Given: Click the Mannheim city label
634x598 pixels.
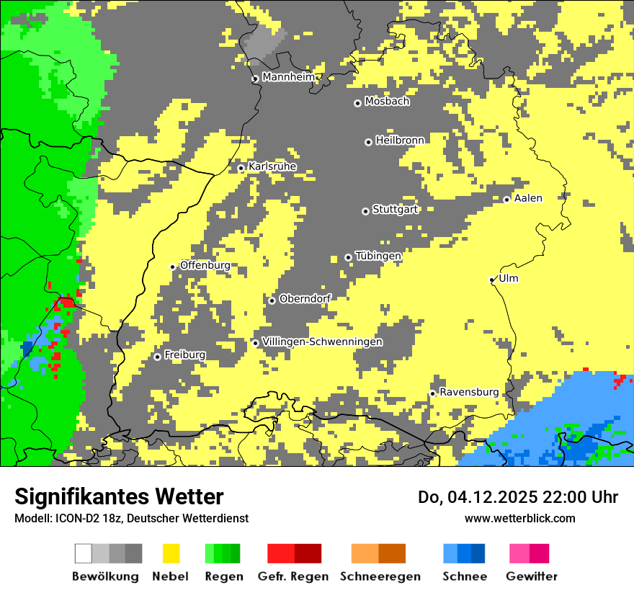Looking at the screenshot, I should (288, 77).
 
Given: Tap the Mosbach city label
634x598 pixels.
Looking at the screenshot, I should (387, 102).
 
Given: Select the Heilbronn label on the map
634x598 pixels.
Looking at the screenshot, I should (400, 140).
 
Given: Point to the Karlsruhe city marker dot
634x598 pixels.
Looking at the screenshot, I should (241, 169).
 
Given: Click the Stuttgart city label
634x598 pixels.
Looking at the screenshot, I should (395, 210).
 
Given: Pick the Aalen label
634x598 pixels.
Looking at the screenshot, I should (528, 198).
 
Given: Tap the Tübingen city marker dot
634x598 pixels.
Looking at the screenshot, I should (349, 257).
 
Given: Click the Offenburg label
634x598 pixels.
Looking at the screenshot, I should (205, 265).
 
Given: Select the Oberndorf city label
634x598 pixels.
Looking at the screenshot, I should (305, 299).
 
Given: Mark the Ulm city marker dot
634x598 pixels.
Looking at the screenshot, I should (492, 280).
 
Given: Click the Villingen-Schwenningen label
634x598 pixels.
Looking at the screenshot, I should (322, 342).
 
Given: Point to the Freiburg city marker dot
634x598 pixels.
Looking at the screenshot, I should (158, 357).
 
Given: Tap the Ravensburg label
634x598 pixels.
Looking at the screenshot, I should (469, 392).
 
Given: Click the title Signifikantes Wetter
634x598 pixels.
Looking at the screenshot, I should (119, 496).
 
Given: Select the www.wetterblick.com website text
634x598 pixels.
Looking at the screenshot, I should (519, 518).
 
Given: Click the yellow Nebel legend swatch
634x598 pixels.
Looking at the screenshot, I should (171, 553).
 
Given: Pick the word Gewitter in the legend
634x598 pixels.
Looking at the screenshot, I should (532, 576).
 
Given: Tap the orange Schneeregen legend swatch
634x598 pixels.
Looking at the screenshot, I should (365, 553).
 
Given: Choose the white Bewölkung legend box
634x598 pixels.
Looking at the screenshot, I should (84, 553).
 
